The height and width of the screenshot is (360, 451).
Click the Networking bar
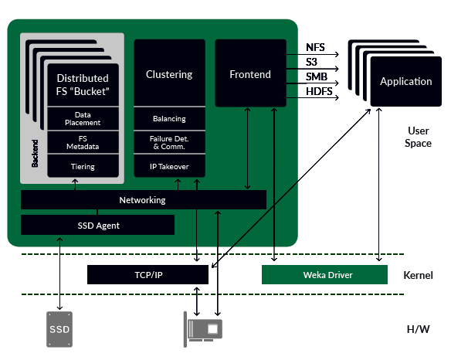pyautogui.click(x=144, y=200)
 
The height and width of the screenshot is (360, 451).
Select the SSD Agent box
pyautogui.click(x=97, y=225)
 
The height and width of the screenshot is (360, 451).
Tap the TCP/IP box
pyautogui.click(x=148, y=275)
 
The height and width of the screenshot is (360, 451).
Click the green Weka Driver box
pyautogui.click(x=324, y=275)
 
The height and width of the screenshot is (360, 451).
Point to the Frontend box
pyautogui.click(x=250, y=73)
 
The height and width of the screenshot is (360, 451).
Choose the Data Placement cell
pyautogui.click(x=83, y=118)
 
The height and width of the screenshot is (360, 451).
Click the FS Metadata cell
pyautogui.click(x=83, y=142)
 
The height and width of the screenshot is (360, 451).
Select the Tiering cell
pyautogui.click(x=83, y=166)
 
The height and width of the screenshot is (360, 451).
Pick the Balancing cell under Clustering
pyautogui.click(x=169, y=118)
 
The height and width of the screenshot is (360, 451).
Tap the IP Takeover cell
pyautogui.click(x=169, y=166)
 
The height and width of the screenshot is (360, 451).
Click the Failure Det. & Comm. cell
pyautogui.click(x=169, y=142)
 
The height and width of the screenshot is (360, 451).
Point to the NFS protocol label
pyautogui.click(x=315, y=47)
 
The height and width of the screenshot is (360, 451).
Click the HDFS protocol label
pyautogui.click(x=319, y=91)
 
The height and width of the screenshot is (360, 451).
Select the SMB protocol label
pyautogui.click(x=317, y=76)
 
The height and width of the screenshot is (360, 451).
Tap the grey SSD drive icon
pyautogui.click(x=59, y=329)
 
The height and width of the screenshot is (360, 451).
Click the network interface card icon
pyautogui.click(x=203, y=329)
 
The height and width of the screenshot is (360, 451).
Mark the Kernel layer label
pyautogui.click(x=418, y=275)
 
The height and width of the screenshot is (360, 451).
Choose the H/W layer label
pyautogui.click(x=419, y=329)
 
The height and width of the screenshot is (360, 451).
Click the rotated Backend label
pyautogui.click(x=35, y=153)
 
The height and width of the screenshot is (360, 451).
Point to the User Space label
pyautogui.click(x=419, y=137)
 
